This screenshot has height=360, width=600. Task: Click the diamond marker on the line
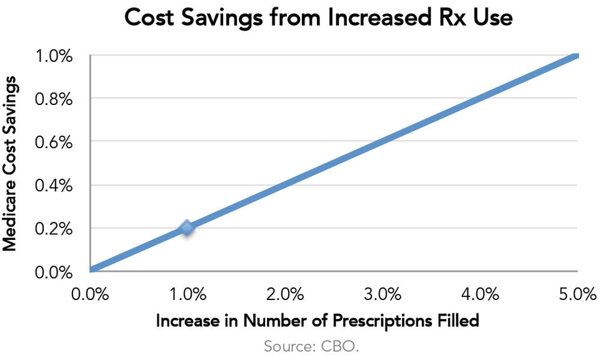(187, 228)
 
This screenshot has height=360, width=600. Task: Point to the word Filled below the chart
(457, 321)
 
